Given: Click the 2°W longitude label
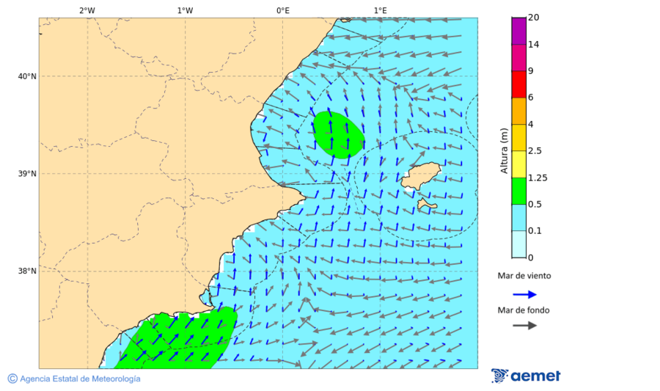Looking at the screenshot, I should [x=87, y=10].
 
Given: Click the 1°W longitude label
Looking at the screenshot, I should [x=185, y=10].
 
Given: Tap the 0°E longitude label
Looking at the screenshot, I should [x=282, y=10].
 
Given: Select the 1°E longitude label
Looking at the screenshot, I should [x=380, y=10].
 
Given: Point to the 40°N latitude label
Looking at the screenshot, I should [x=27, y=76].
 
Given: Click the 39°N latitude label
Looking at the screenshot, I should [x=27, y=174].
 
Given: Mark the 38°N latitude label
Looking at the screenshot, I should [x=27, y=271].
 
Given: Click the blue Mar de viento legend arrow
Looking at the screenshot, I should [x=524, y=294].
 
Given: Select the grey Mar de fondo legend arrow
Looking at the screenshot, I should [x=524, y=325].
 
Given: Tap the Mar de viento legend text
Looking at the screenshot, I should [x=524, y=277].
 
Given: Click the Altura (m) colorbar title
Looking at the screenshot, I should [x=504, y=150].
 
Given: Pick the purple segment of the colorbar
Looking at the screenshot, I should [x=519, y=31].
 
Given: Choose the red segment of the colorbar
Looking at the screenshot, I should [x=519, y=84].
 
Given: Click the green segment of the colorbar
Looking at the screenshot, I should [x=519, y=191].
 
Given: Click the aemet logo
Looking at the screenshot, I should [x=526, y=376].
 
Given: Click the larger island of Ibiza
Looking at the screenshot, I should [x=419, y=176].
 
